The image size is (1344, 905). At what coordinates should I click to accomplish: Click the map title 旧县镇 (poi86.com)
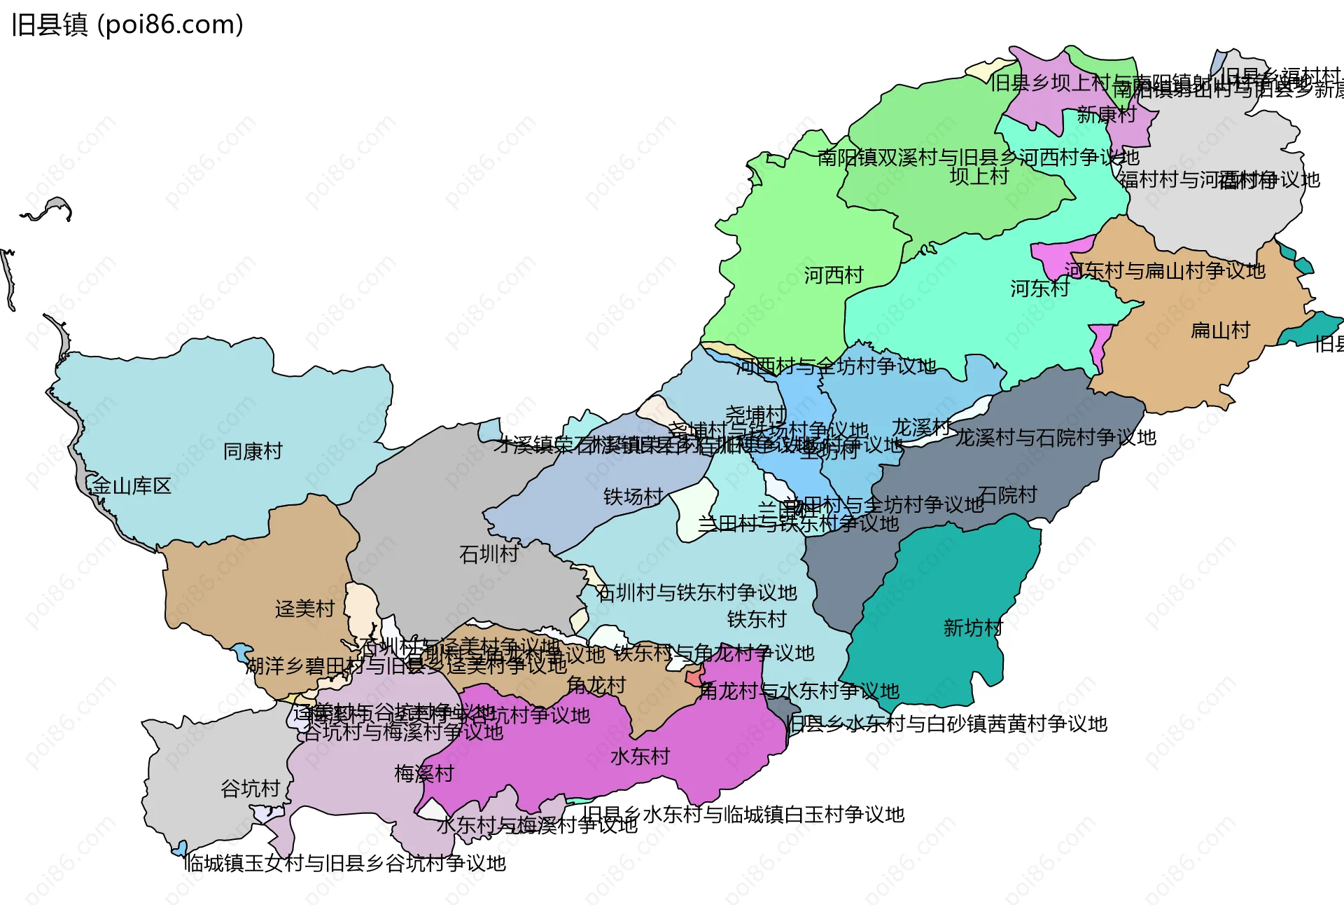tap(127, 25)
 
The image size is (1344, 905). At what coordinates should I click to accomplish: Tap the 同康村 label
tap(253, 452)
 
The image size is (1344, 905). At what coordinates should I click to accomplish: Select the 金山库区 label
tap(132, 486)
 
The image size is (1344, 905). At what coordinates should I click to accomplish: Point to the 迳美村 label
tap(304, 609)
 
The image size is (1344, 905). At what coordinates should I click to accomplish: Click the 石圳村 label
tap(489, 555)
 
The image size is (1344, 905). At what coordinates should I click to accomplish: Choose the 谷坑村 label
tap(251, 789)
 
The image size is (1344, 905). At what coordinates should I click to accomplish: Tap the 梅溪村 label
tap(424, 774)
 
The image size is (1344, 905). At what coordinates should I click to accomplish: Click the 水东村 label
tap(640, 757)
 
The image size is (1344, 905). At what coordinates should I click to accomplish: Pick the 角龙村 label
tap(596, 685)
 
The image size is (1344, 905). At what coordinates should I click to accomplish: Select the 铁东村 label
tap(757, 619)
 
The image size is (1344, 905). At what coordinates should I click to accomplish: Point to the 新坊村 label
tap(973, 628)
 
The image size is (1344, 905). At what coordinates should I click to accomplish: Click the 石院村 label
tap(1007, 495)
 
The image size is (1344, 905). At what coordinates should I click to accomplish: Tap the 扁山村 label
tap(1220, 331)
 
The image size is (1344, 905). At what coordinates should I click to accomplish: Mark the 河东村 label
tap(1039, 288)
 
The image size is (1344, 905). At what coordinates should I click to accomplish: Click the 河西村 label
tap(833, 275)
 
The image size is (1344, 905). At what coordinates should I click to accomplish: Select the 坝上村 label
tap(979, 177)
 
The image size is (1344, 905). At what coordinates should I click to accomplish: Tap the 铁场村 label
tap(633, 497)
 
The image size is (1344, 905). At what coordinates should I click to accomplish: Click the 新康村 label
tap(1106, 115)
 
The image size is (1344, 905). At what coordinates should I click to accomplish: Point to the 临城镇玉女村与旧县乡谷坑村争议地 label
tap(345, 864)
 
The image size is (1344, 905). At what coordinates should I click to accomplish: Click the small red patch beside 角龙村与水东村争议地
tap(694, 677)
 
